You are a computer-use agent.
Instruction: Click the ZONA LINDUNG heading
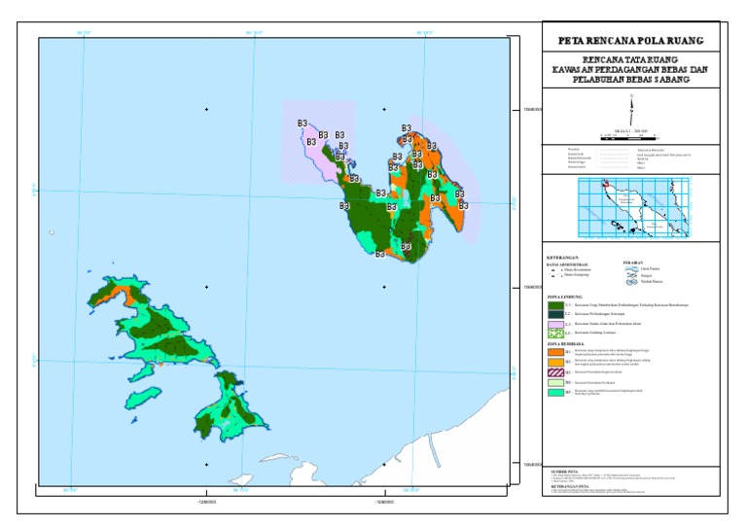tap(566, 296)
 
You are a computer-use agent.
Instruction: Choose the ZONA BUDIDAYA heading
tap(568, 343)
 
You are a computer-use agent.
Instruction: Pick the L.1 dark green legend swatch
tap(554, 304)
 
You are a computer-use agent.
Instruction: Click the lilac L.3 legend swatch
tap(554, 323)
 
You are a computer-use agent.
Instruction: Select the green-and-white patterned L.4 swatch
tap(554, 333)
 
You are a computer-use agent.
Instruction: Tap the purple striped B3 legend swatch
tap(554, 371)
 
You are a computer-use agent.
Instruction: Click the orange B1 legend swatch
tap(554, 352)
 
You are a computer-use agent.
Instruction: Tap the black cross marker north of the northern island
tap(384, 109)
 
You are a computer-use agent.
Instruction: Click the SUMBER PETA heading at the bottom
tap(565, 470)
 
